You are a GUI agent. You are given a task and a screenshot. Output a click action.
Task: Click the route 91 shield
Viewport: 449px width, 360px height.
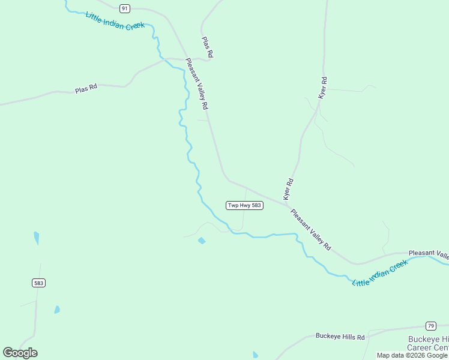pyautogui.click(x=124, y=8)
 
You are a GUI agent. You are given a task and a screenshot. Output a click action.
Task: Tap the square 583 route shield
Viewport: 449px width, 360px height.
pyautogui.click(x=39, y=283)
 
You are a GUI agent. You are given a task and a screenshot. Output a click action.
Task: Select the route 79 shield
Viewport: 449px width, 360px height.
pyautogui.click(x=430, y=326)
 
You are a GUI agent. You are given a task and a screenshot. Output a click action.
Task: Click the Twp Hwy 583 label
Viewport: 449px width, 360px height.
pyautogui.click(x=244, y=205)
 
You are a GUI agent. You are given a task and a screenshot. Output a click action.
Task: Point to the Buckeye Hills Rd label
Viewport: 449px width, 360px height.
pyautogui.click(x=340, y=337)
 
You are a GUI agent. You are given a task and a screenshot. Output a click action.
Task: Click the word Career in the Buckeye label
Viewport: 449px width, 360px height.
pyautogui.click(x=427, y=348)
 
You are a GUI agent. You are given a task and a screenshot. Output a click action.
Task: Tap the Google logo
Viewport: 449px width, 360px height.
pyautogui.click(x=20, y=353)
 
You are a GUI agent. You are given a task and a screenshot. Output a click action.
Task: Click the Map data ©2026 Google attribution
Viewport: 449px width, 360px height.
pyautogui.click(x=412, y=355)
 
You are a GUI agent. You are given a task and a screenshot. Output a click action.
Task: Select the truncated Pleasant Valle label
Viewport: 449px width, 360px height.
pyautogui.click(x=429, y=253)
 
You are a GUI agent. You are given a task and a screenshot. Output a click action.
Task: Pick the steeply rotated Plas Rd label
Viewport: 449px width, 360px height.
pyautogui.click(x=207, y=47)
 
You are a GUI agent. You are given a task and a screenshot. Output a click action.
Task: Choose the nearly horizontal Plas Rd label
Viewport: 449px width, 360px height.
pyautogui.click(x=86, y=89)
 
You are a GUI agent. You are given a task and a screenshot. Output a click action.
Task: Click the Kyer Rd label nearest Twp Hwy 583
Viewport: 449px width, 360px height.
pyautogui.click(x=288, y=189)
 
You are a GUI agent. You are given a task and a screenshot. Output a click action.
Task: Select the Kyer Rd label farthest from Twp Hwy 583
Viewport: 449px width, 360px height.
pyautogui.click(x=323, y=88)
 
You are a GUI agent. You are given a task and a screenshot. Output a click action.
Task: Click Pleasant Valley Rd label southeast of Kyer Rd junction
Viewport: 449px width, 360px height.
pyautogui.click(x=310, y=229)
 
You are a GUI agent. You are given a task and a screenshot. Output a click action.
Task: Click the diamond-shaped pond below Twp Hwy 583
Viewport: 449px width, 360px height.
pyautogui.click(x=202, y=241)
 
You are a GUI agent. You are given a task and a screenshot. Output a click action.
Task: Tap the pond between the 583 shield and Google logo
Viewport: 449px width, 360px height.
pyautogui.click(x=57, y=310)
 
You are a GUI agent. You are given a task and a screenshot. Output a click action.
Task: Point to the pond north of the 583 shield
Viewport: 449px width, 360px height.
pyautogui.click(x=37, y=238)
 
